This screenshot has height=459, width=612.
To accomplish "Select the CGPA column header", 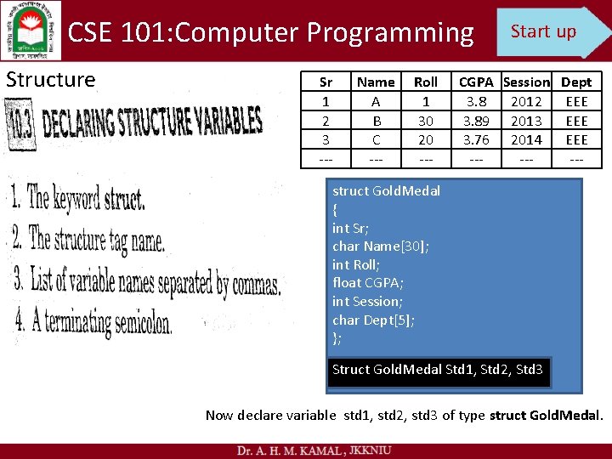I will coord(476,82).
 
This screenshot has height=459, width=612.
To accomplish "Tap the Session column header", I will coord(526,82).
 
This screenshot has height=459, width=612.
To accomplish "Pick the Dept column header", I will coord(576,82).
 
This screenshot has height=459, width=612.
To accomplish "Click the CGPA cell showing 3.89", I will coord(476,121).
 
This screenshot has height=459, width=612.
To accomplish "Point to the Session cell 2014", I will coord(526,139).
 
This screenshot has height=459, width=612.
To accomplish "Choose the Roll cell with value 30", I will coord(426,121).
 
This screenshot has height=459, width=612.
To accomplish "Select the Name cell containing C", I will coord(376,139).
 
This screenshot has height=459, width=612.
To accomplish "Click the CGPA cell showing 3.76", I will coord(476,139).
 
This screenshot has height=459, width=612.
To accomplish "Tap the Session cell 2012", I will coord(526,102).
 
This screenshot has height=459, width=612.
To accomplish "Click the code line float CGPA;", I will coord(368,283).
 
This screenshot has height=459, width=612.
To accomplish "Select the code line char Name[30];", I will coord(381,246).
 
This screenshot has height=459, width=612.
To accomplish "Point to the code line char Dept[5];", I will coord(374,320).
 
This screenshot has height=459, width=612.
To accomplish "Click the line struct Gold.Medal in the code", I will coord(386,191).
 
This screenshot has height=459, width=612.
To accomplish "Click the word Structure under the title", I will coord(50,80).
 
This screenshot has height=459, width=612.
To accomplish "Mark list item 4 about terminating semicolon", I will coord(93,322).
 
